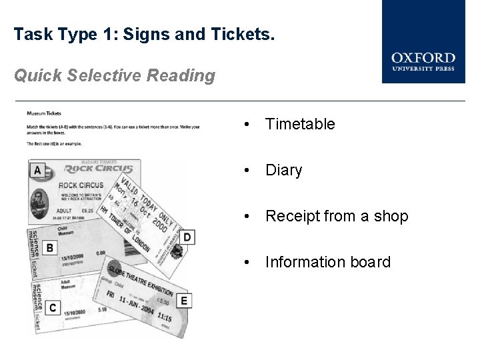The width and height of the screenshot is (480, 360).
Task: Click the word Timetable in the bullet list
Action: click(x=300, y=124)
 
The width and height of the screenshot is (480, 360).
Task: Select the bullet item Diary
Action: click(x=283, y=171)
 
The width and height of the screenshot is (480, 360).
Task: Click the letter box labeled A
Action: click(x=37, y=170)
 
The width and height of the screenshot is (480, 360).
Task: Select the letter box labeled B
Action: click(x=49, y=248)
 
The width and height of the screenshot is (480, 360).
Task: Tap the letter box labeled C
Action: click(x=52, y=307)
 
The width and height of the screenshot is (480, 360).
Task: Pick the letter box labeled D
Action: click(x=187, y=237)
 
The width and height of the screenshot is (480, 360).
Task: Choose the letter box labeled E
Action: click(x=184, y=300)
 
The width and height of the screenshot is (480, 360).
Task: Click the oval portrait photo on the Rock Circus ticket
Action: click(x=176, y=251)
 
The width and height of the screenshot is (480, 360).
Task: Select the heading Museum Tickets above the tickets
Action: click(x=43, y=113)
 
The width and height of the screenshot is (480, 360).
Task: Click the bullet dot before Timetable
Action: click(x=247, y=124)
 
